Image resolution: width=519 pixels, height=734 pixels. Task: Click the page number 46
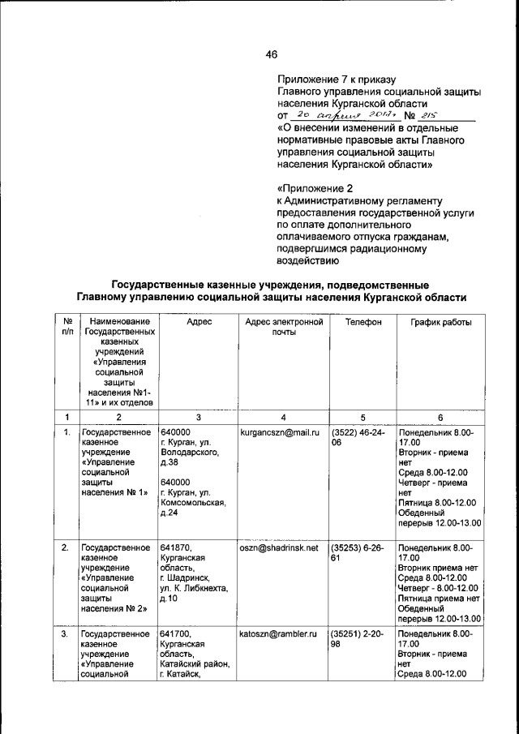[x=271, y=54]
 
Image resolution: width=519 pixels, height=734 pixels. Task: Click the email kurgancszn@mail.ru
[x=279, y=433]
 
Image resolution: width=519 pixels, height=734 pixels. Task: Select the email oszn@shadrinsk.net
[x=279, y=548]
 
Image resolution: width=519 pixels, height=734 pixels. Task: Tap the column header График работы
[x=440, y=322]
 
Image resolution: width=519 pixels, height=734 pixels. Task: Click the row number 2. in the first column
[x=65, y=548]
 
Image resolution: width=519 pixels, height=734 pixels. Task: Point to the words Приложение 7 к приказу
[x=336, y=79]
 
